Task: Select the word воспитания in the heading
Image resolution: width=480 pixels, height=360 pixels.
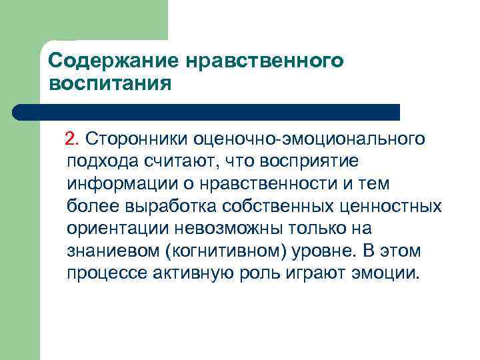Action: click(111, 85)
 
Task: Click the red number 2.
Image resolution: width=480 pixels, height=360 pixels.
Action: click(71, 139)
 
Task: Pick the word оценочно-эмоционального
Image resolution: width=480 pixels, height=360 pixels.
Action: click(309, 139)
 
